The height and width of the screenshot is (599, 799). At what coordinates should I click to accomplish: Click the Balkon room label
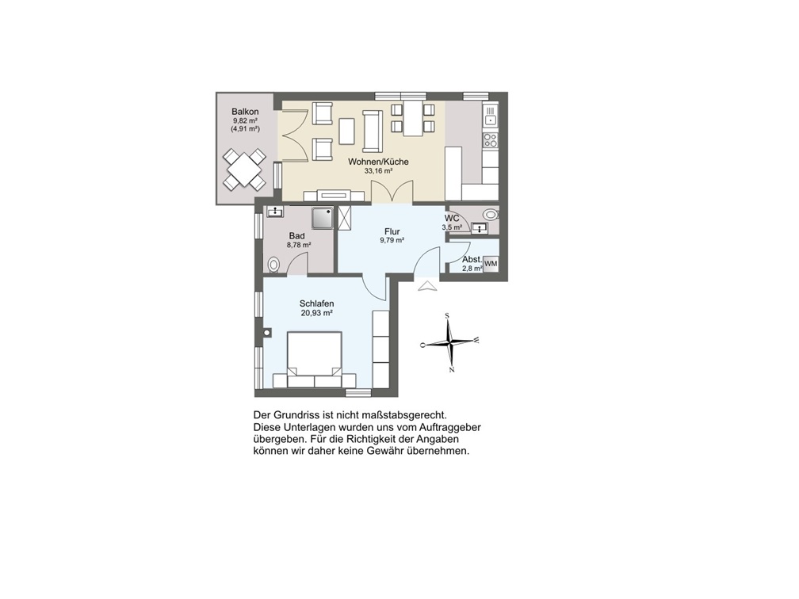click(x=245, y=112)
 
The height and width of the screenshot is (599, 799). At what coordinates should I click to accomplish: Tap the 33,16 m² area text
click(x=378, y=171)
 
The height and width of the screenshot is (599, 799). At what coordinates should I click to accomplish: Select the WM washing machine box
click(x=491, y=264)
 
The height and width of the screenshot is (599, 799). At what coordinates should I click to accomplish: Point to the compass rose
click(x=450, y=343)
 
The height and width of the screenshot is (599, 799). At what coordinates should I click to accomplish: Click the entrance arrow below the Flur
click(x=427, y=285)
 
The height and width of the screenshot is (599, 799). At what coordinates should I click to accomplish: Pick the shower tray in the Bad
click(x=323, y=217)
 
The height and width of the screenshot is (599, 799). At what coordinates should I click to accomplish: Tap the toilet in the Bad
click(x=273, y=265)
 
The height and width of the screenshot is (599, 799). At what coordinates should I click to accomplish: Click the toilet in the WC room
click(x=491, y=215)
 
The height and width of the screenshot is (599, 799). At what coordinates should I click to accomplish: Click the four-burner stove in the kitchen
click(x=490, y=139)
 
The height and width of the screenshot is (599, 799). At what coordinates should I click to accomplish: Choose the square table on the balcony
click(x=245, y=169)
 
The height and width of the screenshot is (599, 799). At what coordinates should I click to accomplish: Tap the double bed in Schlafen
click(x=315, y=359)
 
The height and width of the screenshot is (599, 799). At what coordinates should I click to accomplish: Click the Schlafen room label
click(x=316, y=304)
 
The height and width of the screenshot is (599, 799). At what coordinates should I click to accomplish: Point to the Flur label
click(x=392, y=231)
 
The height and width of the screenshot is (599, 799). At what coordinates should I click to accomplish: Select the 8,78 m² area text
click(x=299, y=245)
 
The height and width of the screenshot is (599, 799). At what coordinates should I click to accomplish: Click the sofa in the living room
click(x=372, y=131)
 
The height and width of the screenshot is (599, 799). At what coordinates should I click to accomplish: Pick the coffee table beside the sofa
click(x=347, y=131)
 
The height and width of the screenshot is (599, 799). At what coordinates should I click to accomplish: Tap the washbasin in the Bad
click(x=276, y=212)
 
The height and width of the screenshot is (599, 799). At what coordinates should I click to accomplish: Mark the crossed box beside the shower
click(x=345, y=218)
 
